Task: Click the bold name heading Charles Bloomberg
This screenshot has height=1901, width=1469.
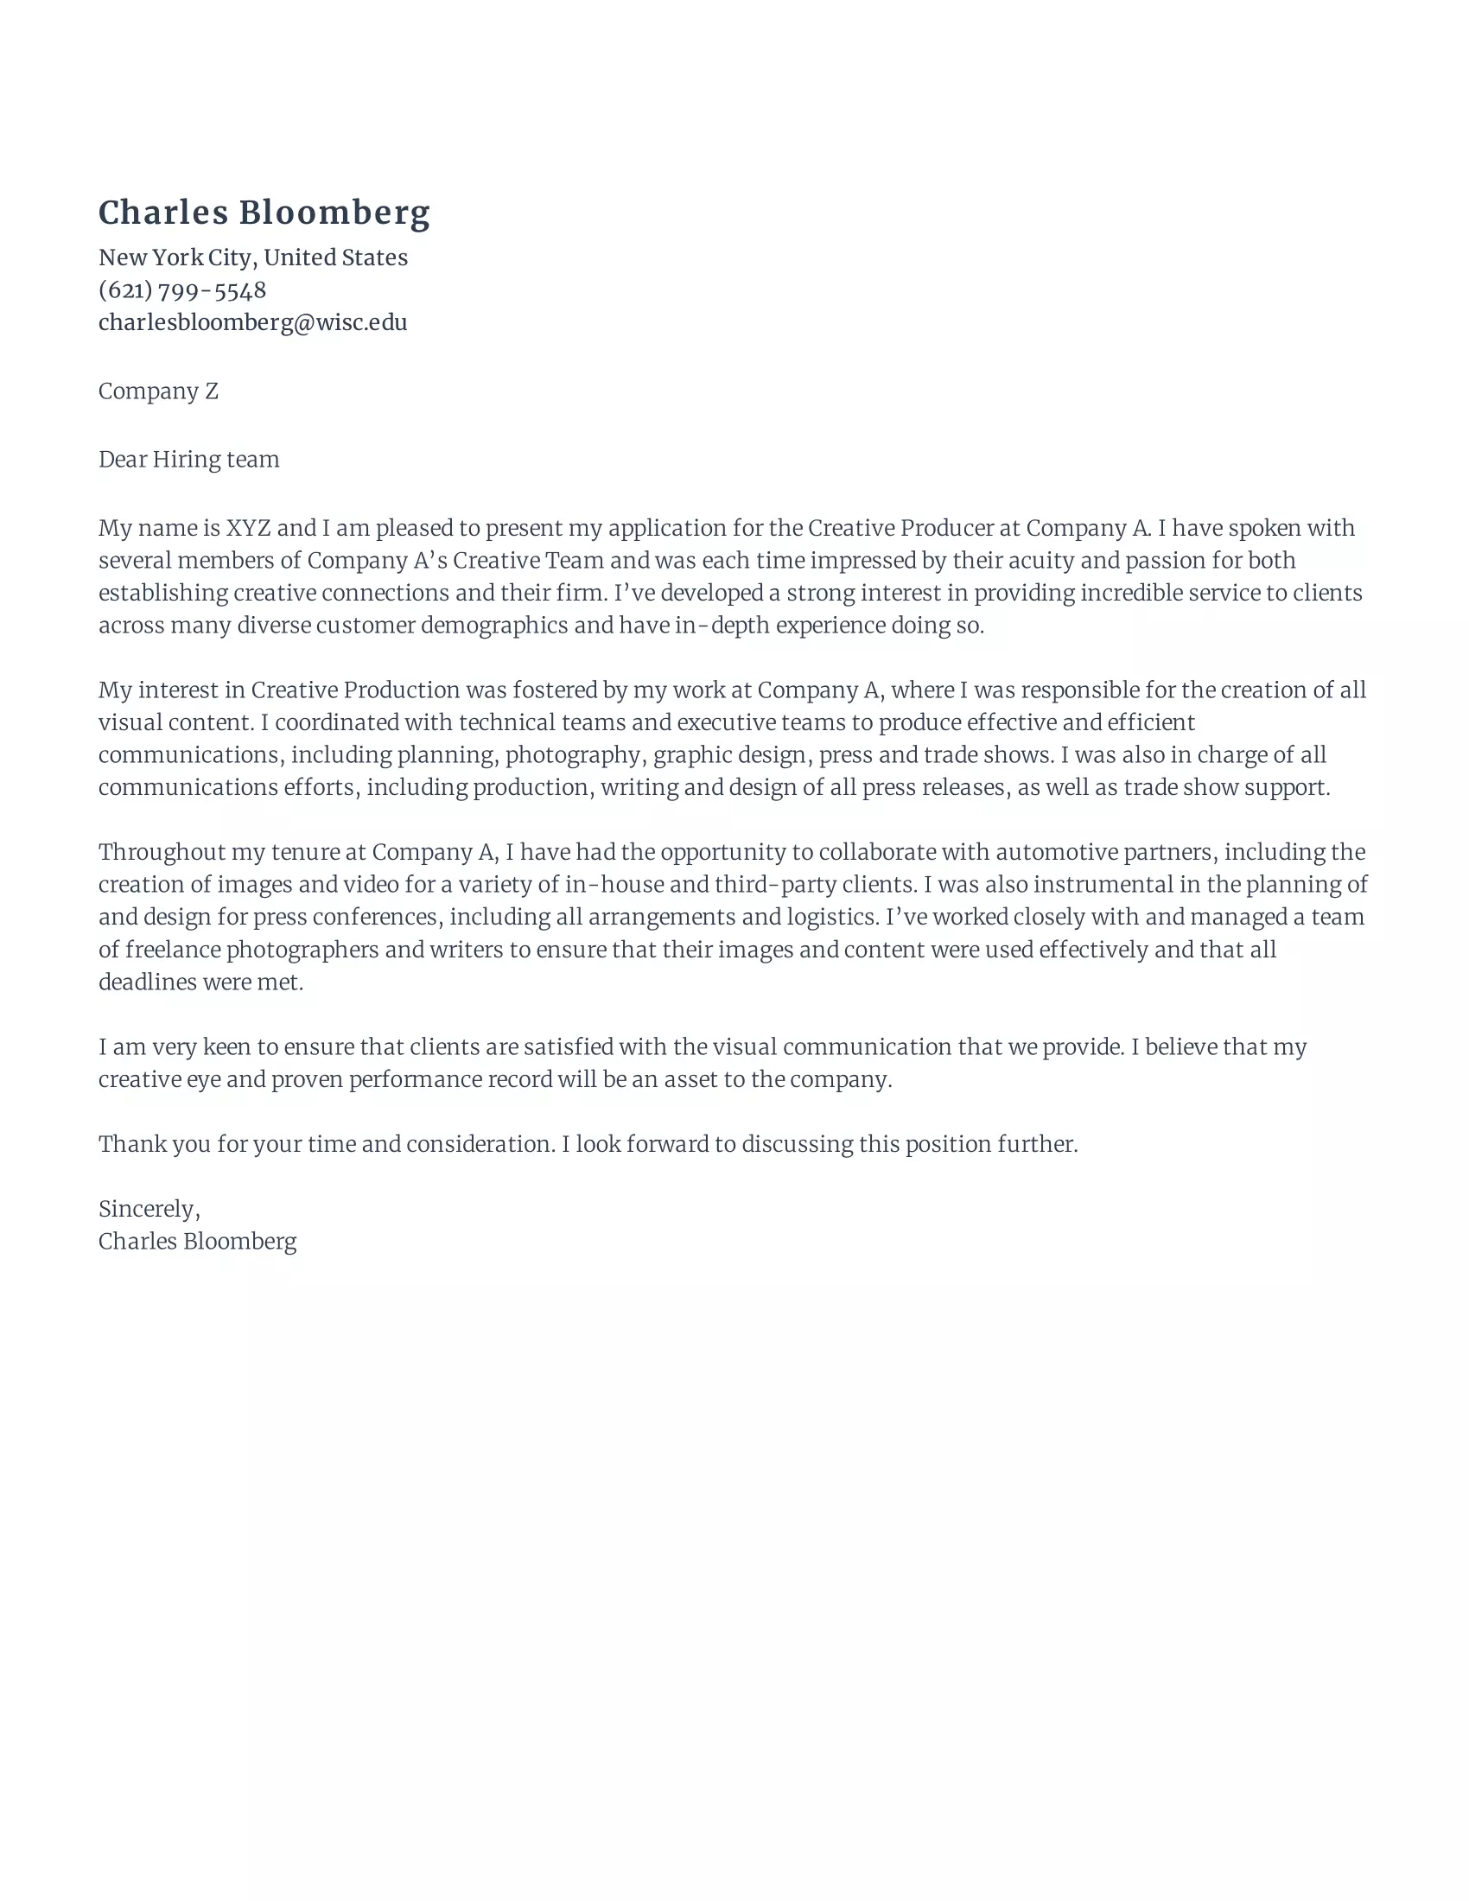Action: [x=264, y=213]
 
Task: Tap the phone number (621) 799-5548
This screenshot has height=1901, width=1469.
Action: [x=181, y=289]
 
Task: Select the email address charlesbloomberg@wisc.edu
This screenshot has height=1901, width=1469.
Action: [x=252, y=322]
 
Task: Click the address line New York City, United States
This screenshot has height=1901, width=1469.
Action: [x=252, y=257]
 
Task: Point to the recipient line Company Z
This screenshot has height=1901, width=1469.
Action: [x=158, y=391]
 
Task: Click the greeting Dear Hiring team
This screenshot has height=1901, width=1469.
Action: [x=189, y=460]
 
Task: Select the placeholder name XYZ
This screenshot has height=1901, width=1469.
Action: [x=248, y=528]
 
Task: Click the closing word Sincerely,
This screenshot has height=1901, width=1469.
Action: [x=149, y=1209]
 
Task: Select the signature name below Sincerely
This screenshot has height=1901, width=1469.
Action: [x=198, y=1242]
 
